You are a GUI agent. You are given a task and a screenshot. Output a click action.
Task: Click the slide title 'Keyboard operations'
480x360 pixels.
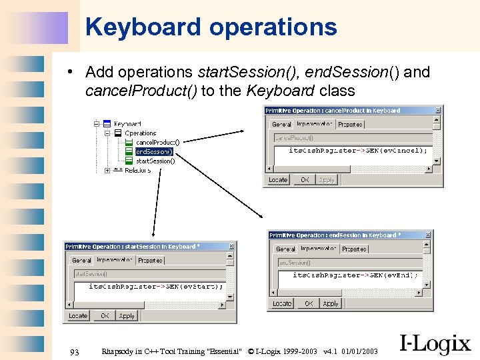tap(211, 27)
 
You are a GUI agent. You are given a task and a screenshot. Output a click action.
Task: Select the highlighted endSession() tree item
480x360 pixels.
tap(154, 151)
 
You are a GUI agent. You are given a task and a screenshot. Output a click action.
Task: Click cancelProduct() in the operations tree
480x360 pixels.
tap(157, 142)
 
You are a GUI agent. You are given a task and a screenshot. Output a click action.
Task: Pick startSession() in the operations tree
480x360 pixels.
tap(155, 161)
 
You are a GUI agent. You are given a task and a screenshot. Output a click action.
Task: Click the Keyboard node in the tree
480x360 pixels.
tap(127, 123)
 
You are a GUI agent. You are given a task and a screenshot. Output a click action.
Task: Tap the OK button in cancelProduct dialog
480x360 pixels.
tap(305, 179)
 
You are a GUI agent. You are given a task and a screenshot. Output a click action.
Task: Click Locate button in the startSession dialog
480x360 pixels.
tap(78, 315)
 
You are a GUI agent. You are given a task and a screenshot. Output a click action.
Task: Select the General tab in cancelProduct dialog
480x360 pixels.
tap(281, 124)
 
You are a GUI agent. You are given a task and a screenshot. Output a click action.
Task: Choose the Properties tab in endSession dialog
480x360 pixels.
tap(354, 249)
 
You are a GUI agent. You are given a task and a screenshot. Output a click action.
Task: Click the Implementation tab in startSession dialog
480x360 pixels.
tap(115, 260)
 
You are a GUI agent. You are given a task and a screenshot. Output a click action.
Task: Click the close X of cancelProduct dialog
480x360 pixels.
tap(438, 110)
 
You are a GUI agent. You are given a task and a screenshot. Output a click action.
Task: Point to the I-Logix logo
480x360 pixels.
tap(435, 343)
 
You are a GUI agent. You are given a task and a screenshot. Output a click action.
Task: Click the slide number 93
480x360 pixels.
tap(74, 351)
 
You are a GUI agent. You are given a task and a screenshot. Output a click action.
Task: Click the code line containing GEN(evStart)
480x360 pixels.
tap(157, 286)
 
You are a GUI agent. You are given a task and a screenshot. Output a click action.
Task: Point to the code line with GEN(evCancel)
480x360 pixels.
tap(358, 150)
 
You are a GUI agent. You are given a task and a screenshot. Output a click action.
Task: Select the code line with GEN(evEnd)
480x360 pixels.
tap(355, 275)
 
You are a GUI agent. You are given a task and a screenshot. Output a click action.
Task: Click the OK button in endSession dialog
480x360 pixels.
tap(309, 303)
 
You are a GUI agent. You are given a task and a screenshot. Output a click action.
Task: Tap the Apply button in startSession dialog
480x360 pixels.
tap(127, 315)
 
